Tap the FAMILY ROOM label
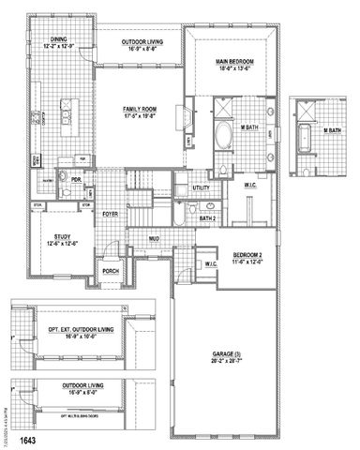(139, 110)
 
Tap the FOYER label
(110, 214)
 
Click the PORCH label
(111, 273)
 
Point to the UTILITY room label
(201, 188)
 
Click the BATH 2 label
(207, 218)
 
